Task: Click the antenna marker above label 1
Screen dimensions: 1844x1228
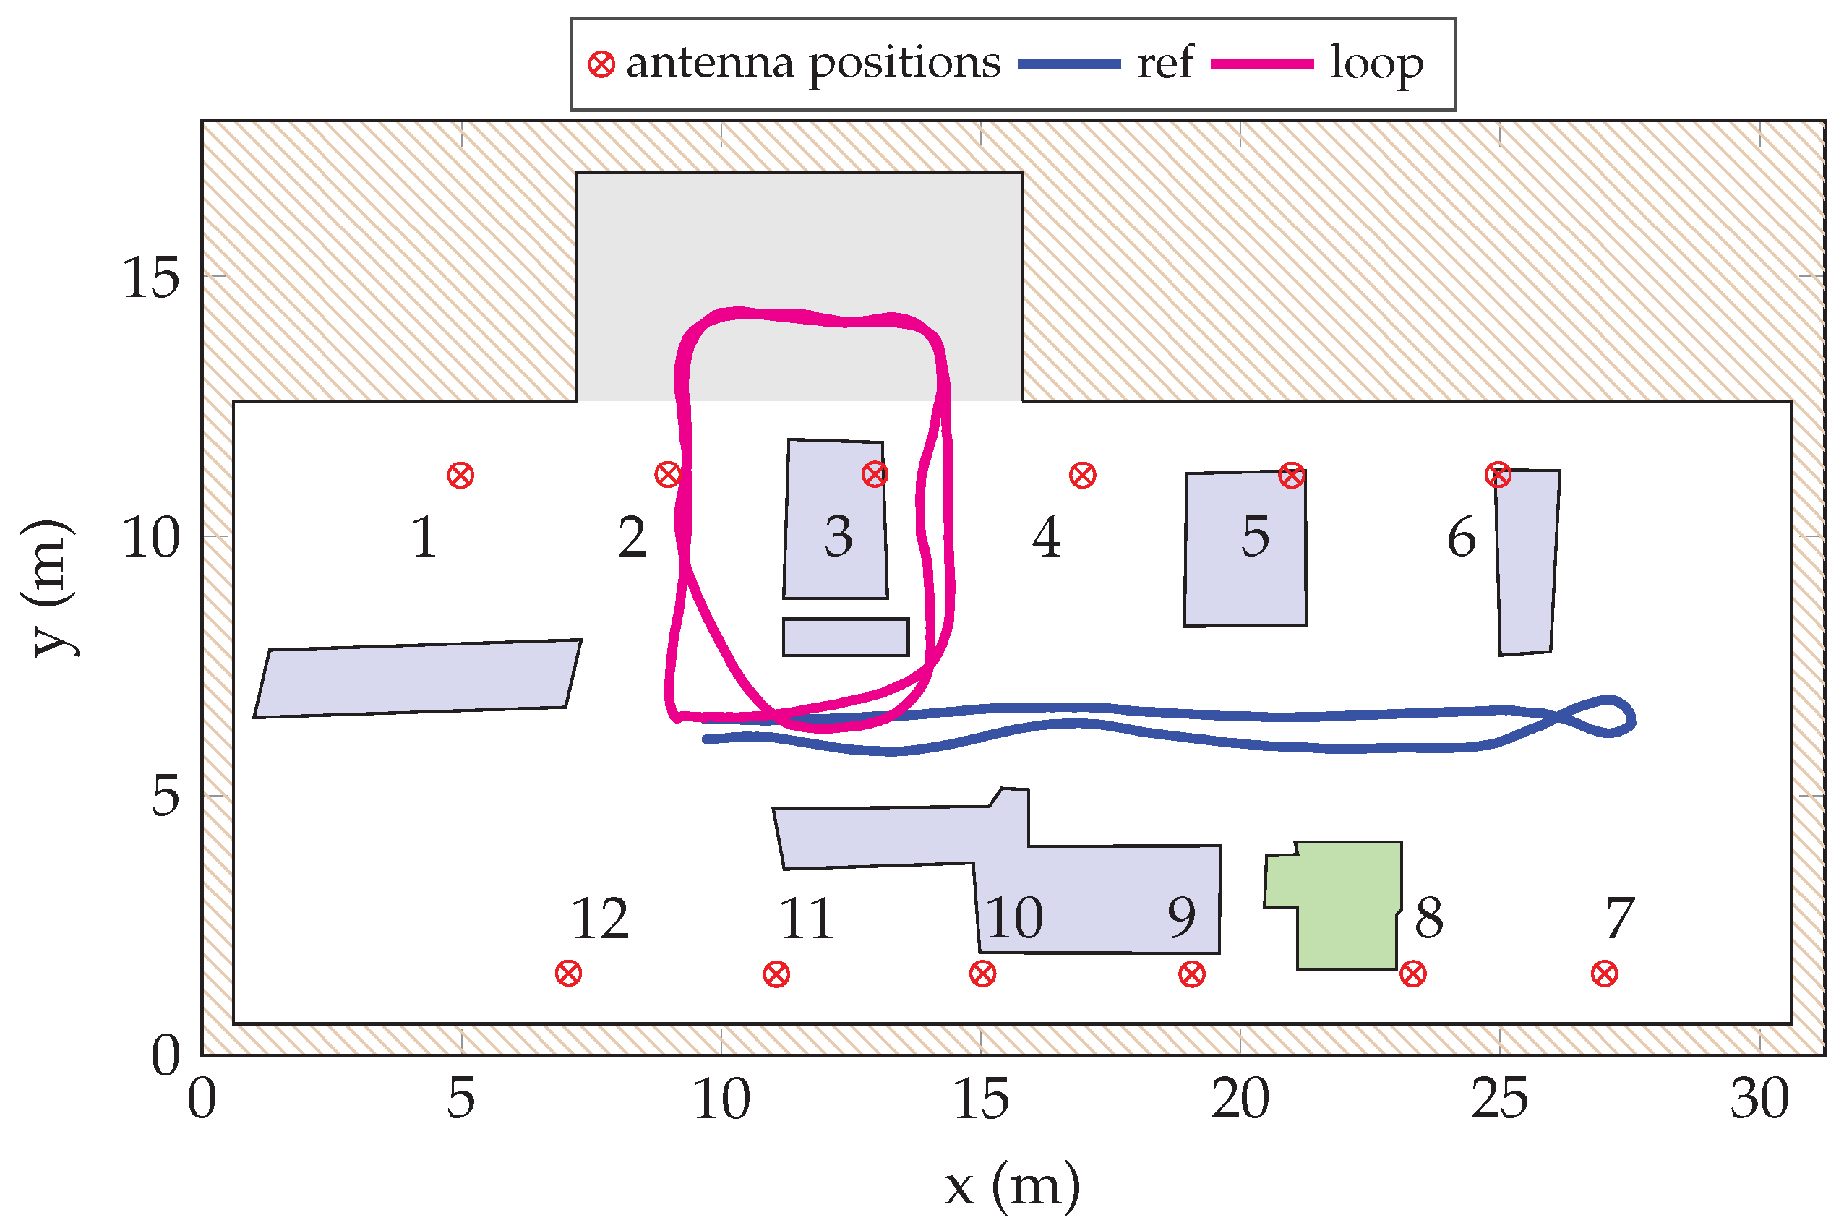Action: [460, 476]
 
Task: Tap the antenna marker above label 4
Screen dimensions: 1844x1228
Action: [1082, 476]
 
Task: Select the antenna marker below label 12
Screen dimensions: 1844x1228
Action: [568, 974]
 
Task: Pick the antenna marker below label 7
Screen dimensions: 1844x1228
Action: [1605, 974]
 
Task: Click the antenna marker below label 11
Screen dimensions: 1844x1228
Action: [776, 975]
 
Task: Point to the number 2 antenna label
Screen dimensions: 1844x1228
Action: [632, 537]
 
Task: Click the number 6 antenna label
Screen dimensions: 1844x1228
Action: [1461, 537]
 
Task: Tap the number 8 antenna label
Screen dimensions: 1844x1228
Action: [1429, 917]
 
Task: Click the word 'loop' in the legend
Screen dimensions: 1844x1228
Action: [1376, 64]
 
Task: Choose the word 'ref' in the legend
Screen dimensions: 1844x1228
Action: [1165, 63]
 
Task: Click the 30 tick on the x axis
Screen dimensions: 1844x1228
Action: [1759, 1099]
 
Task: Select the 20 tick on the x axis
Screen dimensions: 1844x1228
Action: [1240, 1099]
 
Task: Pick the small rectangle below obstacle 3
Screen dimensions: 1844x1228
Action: [846, 637]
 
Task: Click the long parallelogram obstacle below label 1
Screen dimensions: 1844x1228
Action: [417, 678]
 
